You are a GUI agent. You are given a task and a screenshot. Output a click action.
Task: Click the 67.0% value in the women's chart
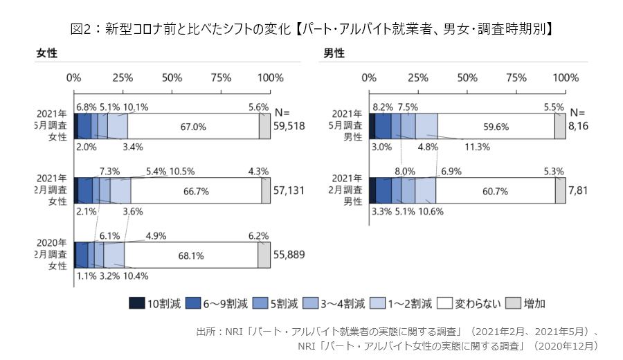193,127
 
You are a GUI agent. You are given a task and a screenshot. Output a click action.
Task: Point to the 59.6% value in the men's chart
496,127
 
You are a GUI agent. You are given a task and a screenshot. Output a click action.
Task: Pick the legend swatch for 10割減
136,303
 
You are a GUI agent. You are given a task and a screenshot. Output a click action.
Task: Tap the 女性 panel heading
46,53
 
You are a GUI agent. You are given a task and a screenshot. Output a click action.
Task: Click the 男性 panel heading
334,53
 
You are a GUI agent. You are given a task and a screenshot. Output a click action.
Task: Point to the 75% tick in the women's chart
222,77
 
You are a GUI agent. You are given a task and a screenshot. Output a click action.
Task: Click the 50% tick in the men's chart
467,77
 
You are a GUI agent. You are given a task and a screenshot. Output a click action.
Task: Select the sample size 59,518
290,127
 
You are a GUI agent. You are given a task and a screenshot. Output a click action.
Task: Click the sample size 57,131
290,190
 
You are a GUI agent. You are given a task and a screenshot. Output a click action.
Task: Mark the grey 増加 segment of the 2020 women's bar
264,255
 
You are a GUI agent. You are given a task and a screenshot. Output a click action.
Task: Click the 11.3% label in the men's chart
477,147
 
